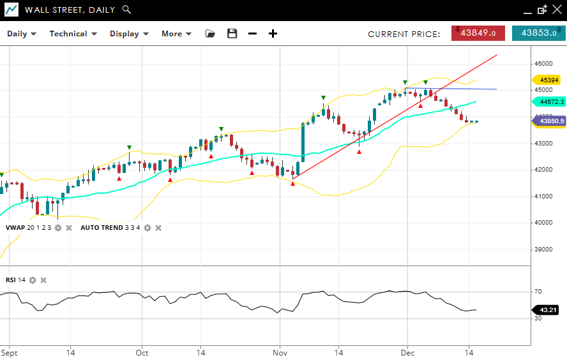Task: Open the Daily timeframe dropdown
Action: pyautogui.click(x=22, y=34)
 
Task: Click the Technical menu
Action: pyautogui.click(x=73, y=34)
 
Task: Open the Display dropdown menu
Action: pyautogui.click(x=129, y=34)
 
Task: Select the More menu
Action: pyautogui.click(x=176, y=34)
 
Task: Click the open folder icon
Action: pyautogui.click(x=210, y=34)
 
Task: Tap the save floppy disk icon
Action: pyautogui.click(x=232, y=34)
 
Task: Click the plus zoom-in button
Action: pyautogui.click(x=273, y=34)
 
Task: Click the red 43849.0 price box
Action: pyautogui.click(x=478, y=33)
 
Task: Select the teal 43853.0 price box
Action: pyautogui.click(x=538, y=33)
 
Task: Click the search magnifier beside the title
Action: pyautogui.click(x=126, y=10)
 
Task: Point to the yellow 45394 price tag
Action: pyautogui.click(x=548, y=80)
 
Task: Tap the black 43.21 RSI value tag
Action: pyautogui.click(x=548, y=310)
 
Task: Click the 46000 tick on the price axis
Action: pyautogui.click(x=543, y=64)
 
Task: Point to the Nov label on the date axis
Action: pyautogui.click(x=280, y=352)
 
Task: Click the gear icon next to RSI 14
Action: pyautogui.click(x=33, y=280)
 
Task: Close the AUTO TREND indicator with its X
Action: pyautogui.click(x=158, y=228)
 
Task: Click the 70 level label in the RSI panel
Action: pyautogui.click(x=538, y=292)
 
